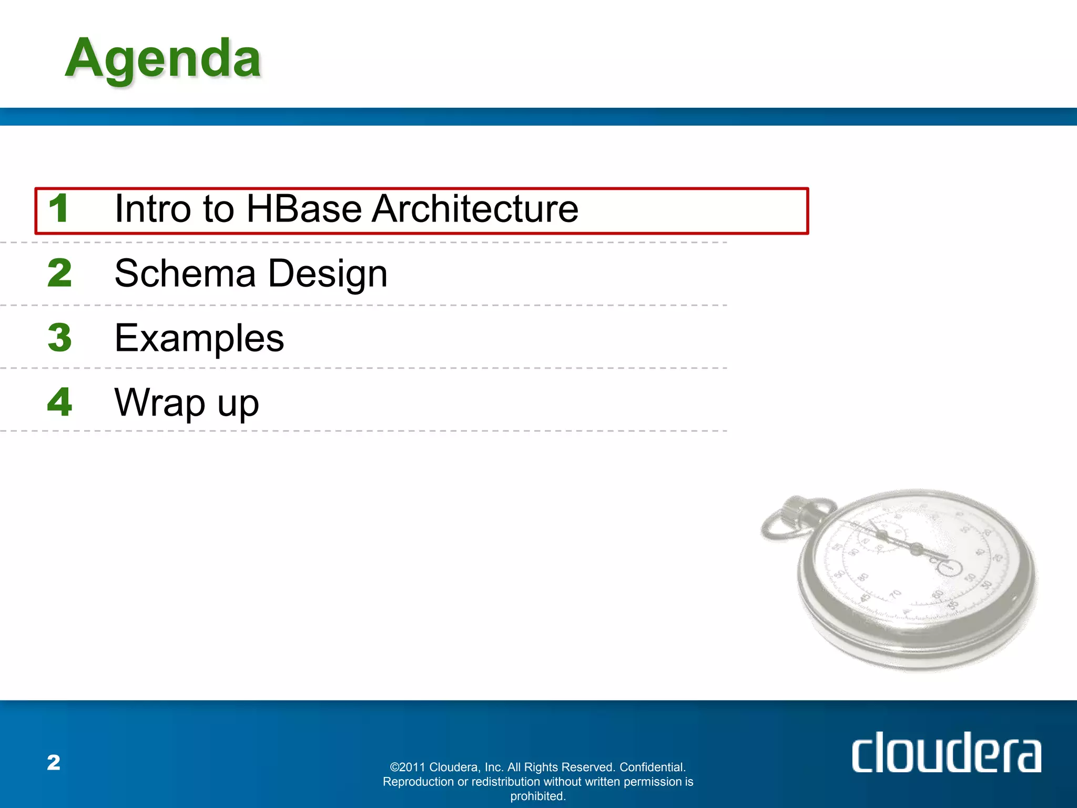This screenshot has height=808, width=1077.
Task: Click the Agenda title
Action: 163,59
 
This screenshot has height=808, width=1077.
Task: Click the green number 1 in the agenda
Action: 58,208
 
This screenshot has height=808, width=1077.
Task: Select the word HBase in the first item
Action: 304,209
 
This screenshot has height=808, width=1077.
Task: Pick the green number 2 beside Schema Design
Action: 59,273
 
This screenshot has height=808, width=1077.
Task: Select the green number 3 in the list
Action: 59,338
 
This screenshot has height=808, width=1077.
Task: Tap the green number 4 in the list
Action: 59,402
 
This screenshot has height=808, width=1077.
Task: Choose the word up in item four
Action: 238,404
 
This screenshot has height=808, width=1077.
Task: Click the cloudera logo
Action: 946,753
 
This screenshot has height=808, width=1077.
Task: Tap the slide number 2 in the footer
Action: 54,763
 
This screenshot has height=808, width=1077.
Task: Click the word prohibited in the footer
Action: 537,796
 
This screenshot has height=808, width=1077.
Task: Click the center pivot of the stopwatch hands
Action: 916,549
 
